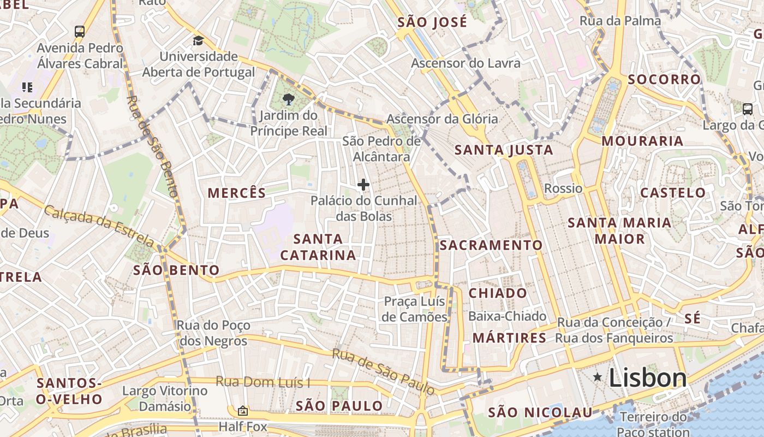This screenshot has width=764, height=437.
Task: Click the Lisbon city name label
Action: point(647,377)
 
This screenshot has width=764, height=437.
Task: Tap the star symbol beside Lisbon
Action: point(598,377)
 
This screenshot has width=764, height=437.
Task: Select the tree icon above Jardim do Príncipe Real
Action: point(288,99)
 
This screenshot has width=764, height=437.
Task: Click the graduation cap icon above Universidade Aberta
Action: point(198,41)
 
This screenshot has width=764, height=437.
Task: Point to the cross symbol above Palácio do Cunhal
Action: point(363,185)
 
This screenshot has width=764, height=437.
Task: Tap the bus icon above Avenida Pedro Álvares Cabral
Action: point(80,31)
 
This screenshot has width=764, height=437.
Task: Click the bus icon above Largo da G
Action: point(748,109)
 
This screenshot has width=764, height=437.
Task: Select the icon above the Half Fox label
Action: point(243,410)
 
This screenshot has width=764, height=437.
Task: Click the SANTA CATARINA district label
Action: point(318,247)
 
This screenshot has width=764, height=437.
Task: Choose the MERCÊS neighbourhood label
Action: point(237,193)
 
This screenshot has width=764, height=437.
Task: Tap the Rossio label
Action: point(563,188)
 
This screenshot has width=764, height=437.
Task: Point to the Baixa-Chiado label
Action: point(507,316)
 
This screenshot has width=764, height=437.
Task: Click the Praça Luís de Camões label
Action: point(415,309)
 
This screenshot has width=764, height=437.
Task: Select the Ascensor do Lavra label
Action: point(465,63)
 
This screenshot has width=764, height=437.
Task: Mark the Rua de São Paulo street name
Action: point(384,371)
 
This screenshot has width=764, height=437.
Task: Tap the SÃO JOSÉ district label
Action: point(432,22)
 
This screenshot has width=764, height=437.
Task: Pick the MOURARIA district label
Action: point(642,141)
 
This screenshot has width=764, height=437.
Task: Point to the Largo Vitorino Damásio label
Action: point(165,399)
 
